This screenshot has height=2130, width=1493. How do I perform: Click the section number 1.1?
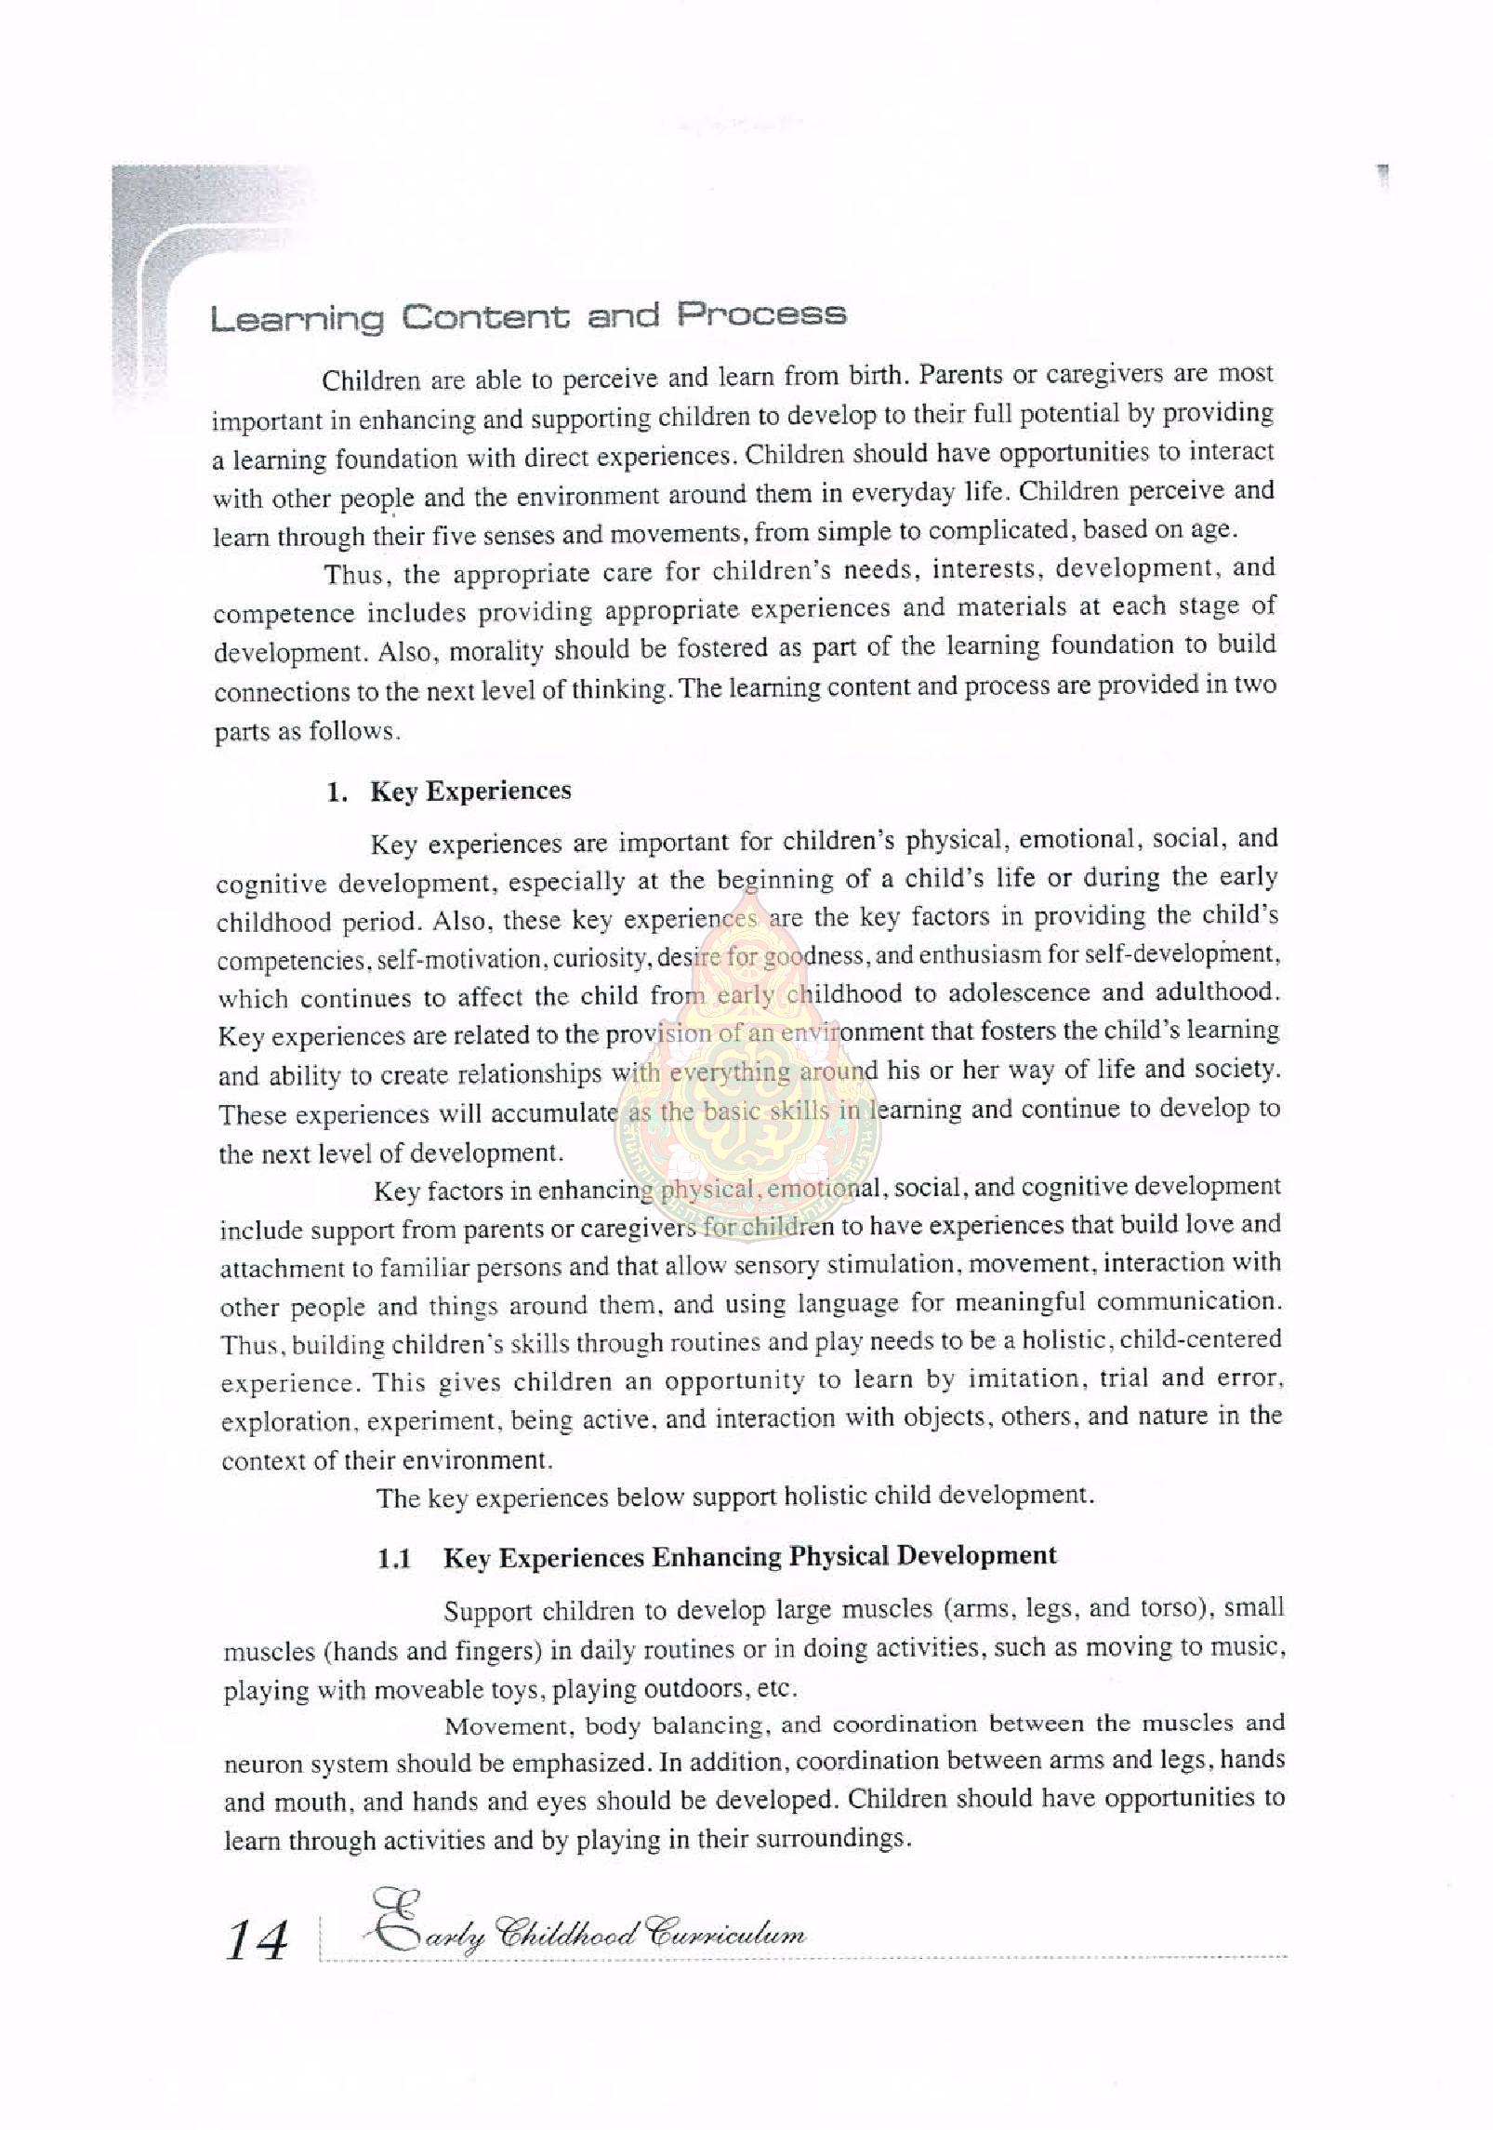[395, 1560]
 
